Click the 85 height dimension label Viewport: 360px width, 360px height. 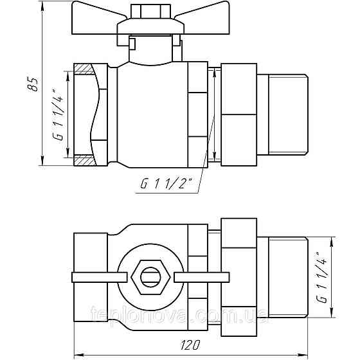tap(32, 84)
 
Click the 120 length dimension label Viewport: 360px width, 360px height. tap(190, 345)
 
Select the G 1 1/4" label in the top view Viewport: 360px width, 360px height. tap(58, 114)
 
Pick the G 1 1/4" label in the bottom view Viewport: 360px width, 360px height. tap(321, 278)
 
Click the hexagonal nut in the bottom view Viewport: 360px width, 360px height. tap(150, 277)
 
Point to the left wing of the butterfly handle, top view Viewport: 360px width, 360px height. tap(99, 19)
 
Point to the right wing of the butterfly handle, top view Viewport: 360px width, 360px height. tap(203, 19)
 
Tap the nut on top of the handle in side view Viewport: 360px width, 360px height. tap(150, 11)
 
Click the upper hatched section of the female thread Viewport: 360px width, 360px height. tap(84, 69)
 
